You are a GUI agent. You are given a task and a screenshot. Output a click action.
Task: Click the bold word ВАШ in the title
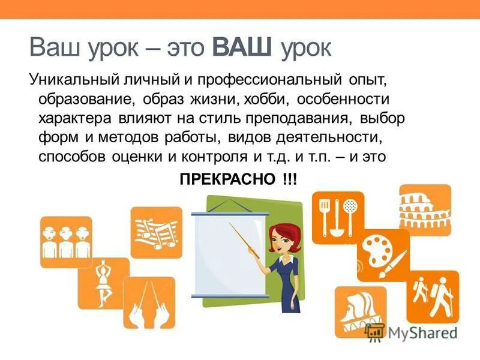pyautogui.click(x=243, y=47)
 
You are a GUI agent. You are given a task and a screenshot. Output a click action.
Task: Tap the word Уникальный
pyautogui.click(x=67, y=80)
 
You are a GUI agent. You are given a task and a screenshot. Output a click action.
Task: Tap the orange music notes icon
pyautogui.click(x=156, y=232)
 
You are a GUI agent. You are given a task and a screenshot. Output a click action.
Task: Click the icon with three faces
pyautogui.click(x=65, y=241)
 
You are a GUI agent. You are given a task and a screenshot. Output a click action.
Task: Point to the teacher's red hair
pyautogui.click(x=281, y=233)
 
